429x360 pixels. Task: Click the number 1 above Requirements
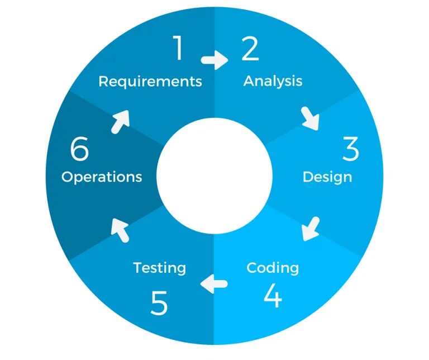click(178, 49)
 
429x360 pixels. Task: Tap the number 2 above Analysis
click(250, 49)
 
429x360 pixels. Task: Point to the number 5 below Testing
click(159, 304)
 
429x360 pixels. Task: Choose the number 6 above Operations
click(80, 149)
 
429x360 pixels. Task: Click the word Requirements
click(150, 81)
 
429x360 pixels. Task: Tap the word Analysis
click(273, 81)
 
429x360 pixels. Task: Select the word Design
click(327, 177)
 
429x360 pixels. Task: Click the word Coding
click(273, 268)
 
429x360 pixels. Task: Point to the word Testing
click(159, 268)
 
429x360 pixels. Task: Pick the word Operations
click(102, 177)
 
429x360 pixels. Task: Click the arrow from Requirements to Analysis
click(214, 59)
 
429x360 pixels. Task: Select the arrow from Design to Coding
click(311, 229)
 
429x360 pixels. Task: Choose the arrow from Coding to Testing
click(214, 283)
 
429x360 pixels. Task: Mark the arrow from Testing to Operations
click(120, 228)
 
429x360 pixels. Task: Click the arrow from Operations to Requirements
click(120, 121)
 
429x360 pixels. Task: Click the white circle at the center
click(214, 175)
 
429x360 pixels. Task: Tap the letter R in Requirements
click(103, 81)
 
